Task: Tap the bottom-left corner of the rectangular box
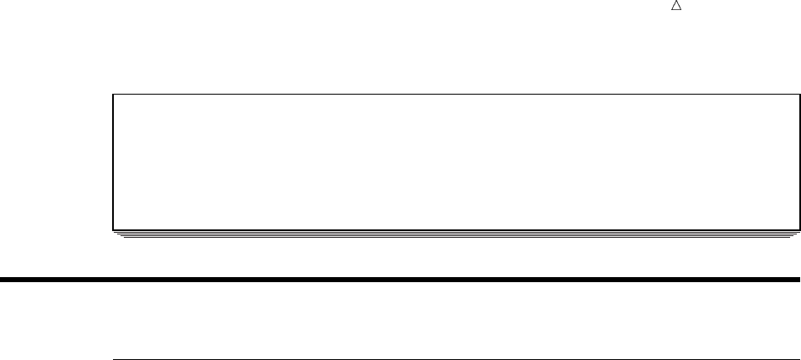tap(113, 229)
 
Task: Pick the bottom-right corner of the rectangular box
tap(798, 229)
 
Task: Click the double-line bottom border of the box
tap(455, 229)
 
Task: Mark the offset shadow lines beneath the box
tap(455, 236)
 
